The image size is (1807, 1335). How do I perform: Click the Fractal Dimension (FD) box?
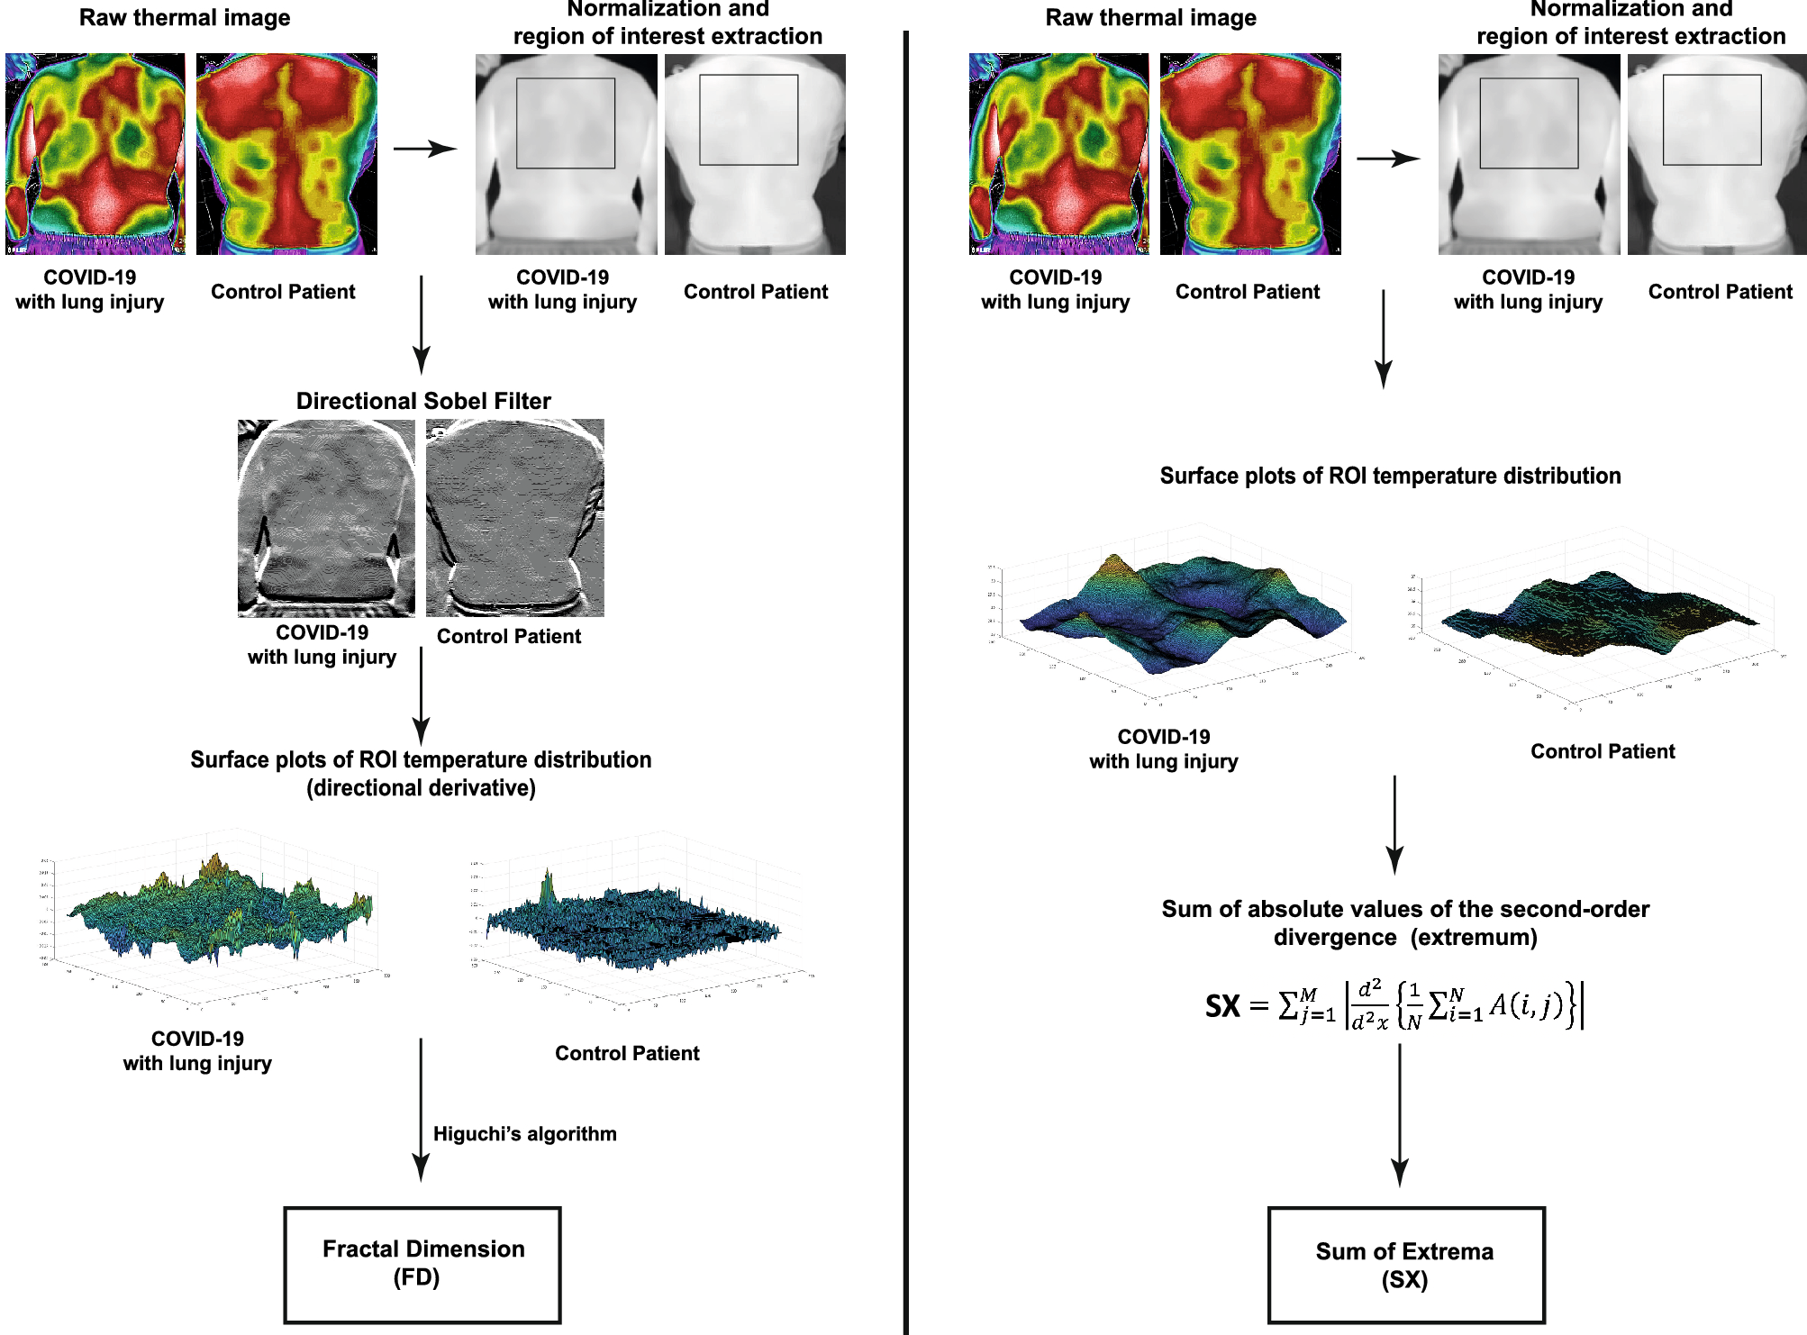click(422, 1264)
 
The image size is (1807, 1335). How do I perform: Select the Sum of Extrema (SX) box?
click(1405, 1265)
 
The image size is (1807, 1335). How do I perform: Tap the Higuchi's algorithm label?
click(524, 1133)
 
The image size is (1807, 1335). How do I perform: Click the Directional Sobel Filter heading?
click(423, 401)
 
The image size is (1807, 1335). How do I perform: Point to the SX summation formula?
click(1394, 1005)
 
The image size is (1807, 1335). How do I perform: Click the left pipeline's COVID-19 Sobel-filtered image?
click(326, 518)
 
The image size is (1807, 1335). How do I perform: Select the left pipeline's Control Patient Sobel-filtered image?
click(514, 518)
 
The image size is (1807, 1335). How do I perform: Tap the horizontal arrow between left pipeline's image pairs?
click(425, 150)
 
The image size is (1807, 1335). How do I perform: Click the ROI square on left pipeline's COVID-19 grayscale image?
click(566, 123)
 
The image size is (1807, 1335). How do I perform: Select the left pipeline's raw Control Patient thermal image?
click(286, 154)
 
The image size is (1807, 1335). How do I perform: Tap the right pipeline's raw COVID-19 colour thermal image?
click(1058, 154)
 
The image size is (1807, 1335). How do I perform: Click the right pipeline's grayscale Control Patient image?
click(1716, 154)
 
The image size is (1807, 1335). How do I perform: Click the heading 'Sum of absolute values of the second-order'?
click(1405, 909)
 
